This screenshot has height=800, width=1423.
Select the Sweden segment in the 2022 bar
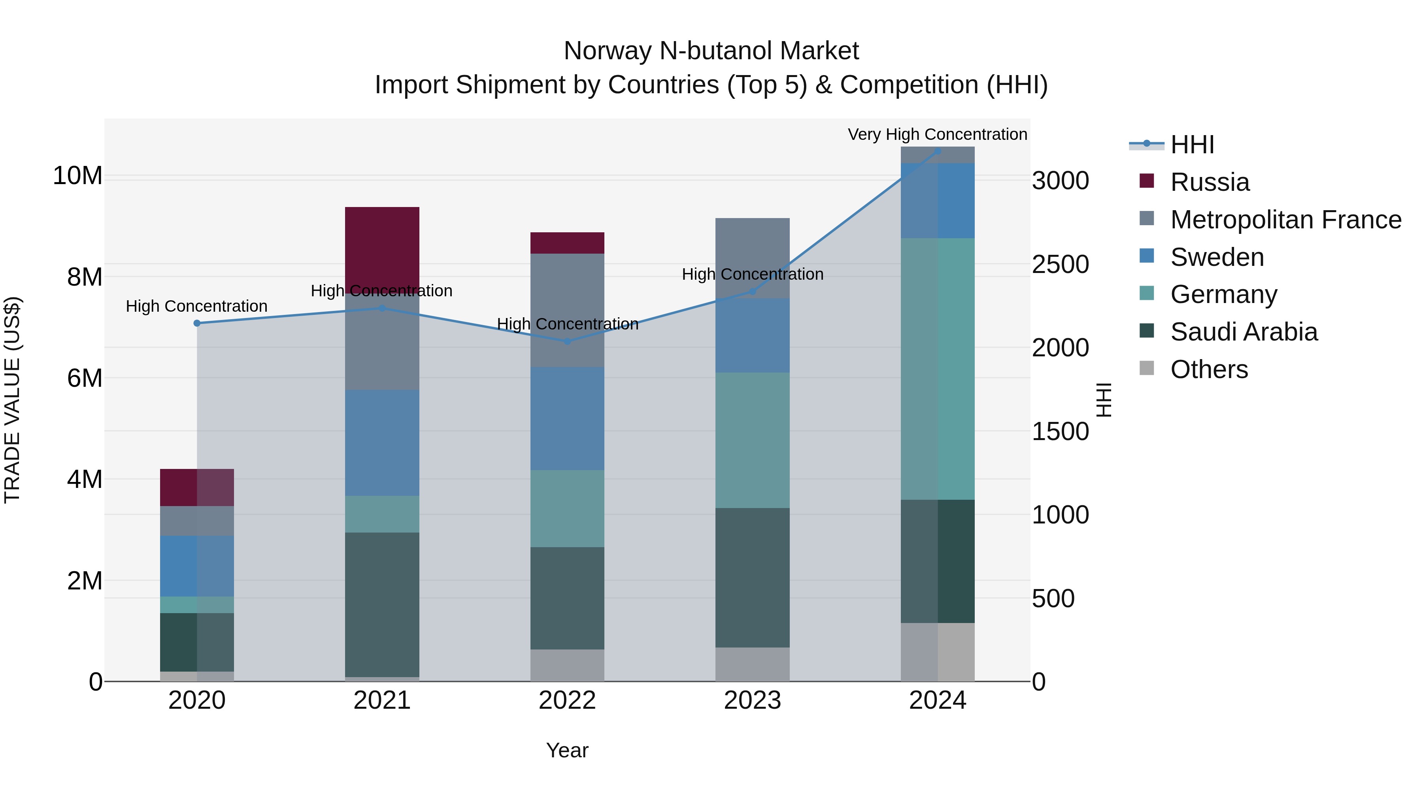[x=567, y=418]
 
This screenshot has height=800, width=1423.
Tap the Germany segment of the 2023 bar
[x=752, y=440]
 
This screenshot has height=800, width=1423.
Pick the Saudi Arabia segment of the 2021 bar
[x=382, y=604]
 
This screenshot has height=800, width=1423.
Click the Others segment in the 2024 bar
[x=938, y=652]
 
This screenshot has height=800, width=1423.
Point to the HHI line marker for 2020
[x=197, y=323]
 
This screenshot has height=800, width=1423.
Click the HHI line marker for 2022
[x=567, y=341]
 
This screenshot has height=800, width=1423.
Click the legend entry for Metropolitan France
[x=1285, y=219]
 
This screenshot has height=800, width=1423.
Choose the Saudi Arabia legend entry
[x=1244, y=332]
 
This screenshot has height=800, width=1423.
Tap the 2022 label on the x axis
[x=567, y=700]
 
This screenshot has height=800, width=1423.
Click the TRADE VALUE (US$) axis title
[x=12, y=400]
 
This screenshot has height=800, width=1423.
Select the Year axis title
[x=567, y=750]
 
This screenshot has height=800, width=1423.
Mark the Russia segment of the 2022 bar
[x=567, y=243]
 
